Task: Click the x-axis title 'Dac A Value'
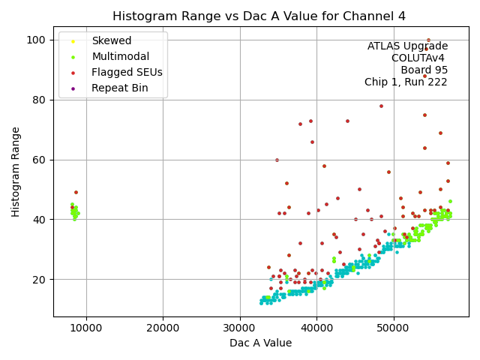260,343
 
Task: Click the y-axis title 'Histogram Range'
16,172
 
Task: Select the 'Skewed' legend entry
111,41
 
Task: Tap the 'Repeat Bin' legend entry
119,88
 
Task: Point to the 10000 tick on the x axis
86,327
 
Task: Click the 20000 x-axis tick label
163,327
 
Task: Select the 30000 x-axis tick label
239,327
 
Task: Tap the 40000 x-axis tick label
316,327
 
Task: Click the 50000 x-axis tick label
393,327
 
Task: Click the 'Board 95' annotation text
424,70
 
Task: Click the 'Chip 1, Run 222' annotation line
406,82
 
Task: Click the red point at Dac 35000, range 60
277,160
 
